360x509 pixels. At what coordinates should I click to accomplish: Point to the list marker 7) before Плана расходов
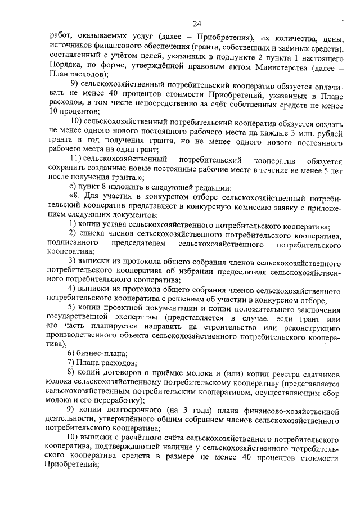[71, 363]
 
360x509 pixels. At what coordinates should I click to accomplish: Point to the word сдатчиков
[322, 372]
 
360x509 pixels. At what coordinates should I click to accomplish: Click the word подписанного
[74, 243]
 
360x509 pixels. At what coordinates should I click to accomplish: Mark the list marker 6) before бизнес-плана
[71, 353]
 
